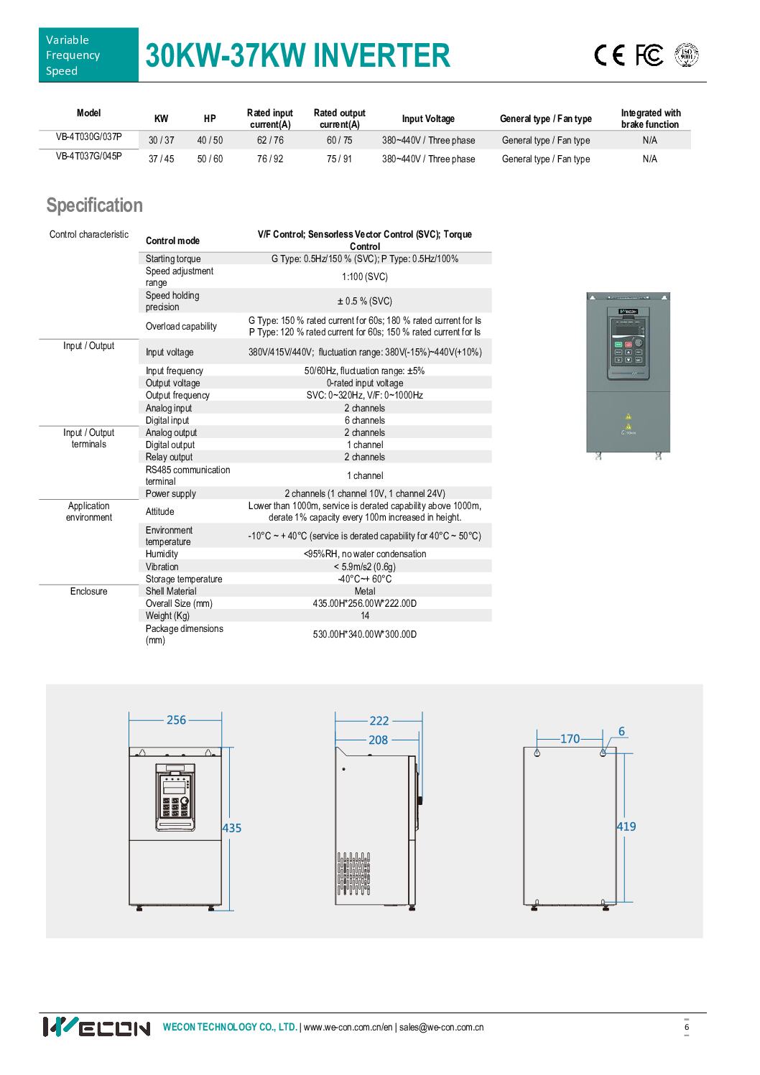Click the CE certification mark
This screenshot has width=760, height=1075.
point(610,55)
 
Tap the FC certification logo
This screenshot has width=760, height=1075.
point(649,55)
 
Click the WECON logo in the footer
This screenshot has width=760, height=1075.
point(96,1027)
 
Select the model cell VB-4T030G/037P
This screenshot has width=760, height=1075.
point(89,136)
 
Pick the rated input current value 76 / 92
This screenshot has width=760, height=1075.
point(270,159)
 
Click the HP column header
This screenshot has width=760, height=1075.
point(210,118)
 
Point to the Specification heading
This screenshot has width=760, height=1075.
point(95,205)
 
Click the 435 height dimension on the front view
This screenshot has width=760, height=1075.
point(232,828)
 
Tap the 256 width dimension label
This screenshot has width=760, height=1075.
point(176,720)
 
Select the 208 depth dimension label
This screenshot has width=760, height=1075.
point(378,740)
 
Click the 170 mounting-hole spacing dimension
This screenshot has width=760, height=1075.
point(570,738)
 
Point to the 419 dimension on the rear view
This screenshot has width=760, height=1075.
point(626,827)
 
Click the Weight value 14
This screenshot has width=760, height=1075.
point(365,615)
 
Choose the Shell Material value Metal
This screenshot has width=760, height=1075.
point(365,591)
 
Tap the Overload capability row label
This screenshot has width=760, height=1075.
point(181,326)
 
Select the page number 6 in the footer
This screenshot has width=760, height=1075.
point(687,1027)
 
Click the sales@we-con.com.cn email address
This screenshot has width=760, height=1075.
point(441,1027)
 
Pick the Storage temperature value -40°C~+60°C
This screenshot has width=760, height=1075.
point(365,579)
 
